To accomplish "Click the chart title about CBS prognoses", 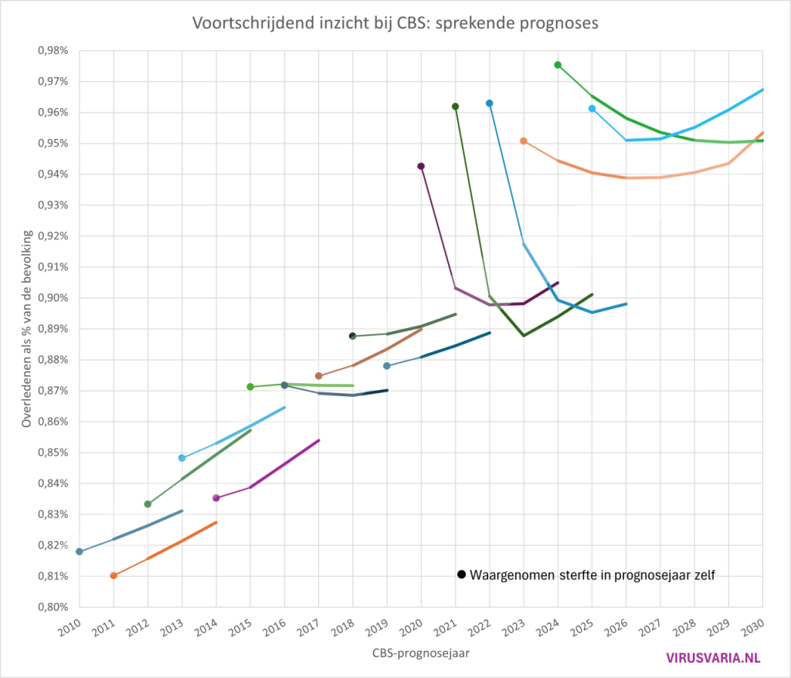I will [395, 24].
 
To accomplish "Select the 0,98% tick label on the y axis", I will [52, 50].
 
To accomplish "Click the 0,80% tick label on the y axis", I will [52, 607].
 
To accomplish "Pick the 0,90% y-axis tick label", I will [52, 298].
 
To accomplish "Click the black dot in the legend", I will [461, 575].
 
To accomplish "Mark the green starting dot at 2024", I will [558, 65].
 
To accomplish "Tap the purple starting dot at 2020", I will [421, 166].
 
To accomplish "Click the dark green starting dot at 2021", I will [455, 107].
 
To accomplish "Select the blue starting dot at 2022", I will [489, 103].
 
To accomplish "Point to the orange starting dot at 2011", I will [114, 575].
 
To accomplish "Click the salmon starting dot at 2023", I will [524, 141].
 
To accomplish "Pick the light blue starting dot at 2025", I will [592, 109].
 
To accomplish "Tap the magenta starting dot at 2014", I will [216, 498].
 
